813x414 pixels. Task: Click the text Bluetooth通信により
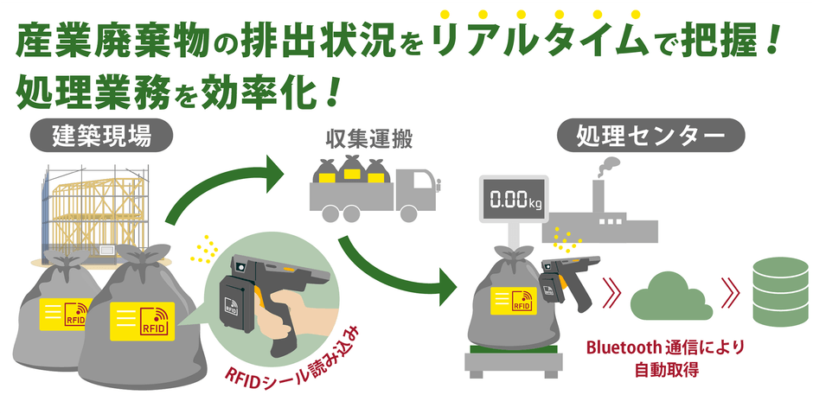665,347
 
